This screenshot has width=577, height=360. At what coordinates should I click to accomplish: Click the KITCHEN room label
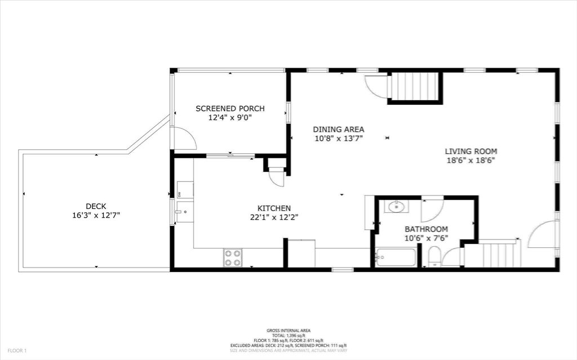pos(274,208)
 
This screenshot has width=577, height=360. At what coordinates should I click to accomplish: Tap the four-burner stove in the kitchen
pos(233,257)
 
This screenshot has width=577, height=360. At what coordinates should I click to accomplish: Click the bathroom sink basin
pos(397,207)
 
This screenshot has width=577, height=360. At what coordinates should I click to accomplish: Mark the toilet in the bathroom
pos(434,260)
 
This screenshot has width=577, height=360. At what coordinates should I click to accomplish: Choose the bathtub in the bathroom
pos(396,258)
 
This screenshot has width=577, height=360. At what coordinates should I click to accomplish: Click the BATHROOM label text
pos(426,229)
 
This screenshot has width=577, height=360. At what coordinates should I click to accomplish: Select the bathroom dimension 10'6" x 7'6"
pos(426,238)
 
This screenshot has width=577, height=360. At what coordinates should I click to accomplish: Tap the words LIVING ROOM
pos(471,151)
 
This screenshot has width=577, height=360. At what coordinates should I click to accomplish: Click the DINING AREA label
pos(339,128)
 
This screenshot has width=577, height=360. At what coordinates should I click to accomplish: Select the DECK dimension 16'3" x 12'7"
pos(96,215)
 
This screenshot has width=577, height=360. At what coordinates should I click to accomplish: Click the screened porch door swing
pos(181,138)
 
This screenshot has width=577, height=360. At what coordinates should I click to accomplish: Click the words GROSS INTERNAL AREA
pos(288,330)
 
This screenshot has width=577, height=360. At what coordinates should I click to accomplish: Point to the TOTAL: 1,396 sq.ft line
pos(288,335)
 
